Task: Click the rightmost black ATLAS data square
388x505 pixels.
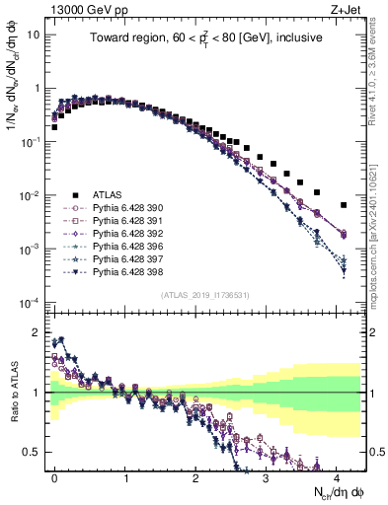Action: (x=344, y=205)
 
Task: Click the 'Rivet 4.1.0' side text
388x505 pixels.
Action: (x=379, y=79)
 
